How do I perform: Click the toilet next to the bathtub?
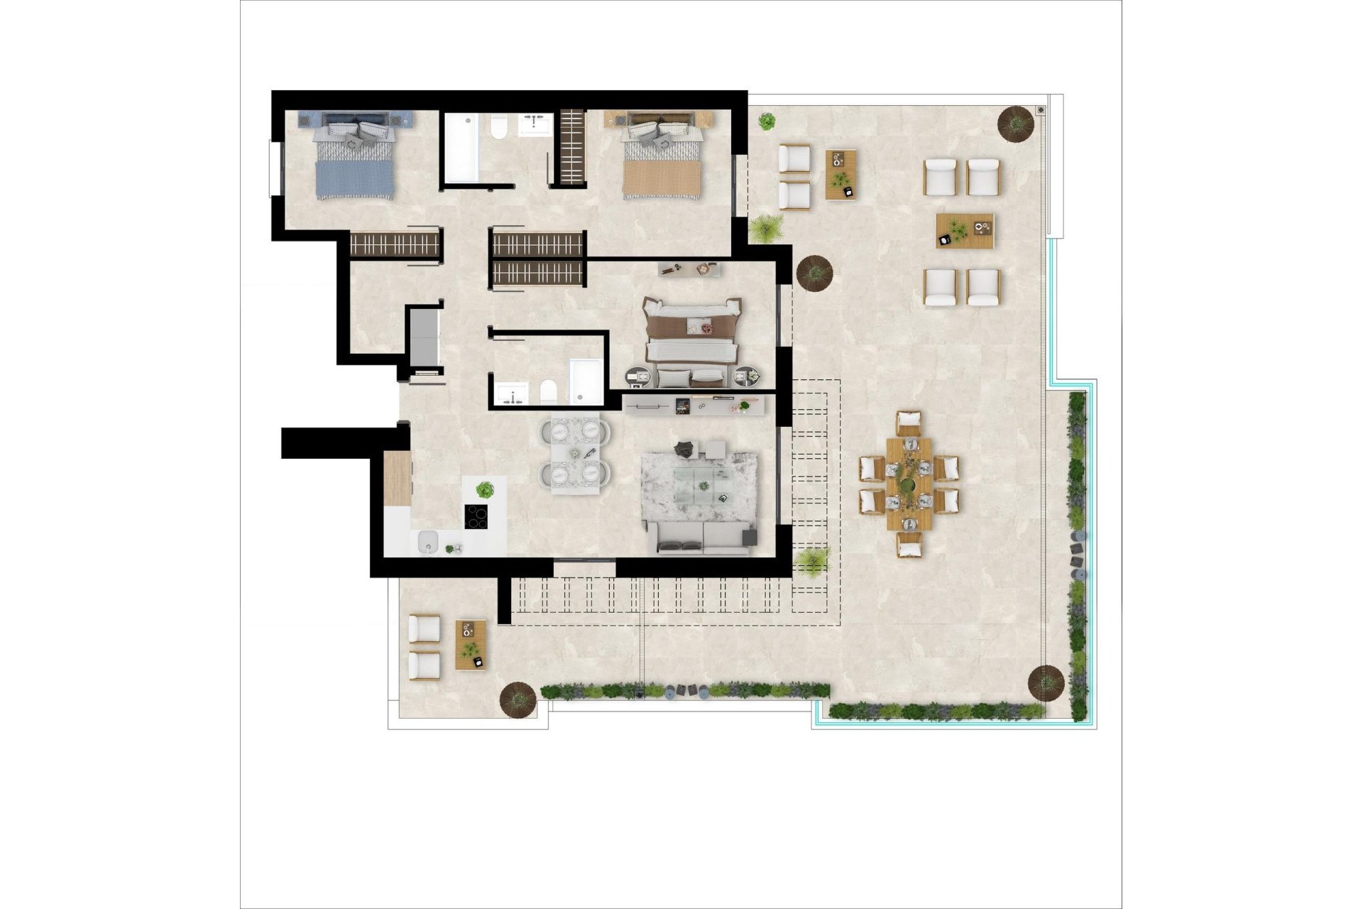[498, 129]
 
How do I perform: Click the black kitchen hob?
[476, 516]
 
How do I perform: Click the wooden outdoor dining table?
[908, 483]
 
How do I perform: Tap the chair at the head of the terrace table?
[908, 423]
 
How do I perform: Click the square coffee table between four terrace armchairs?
[964, 231]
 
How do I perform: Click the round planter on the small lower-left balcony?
[518, 699]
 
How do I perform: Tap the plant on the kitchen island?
[485, 489]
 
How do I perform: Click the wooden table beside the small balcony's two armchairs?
[471, 644]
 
